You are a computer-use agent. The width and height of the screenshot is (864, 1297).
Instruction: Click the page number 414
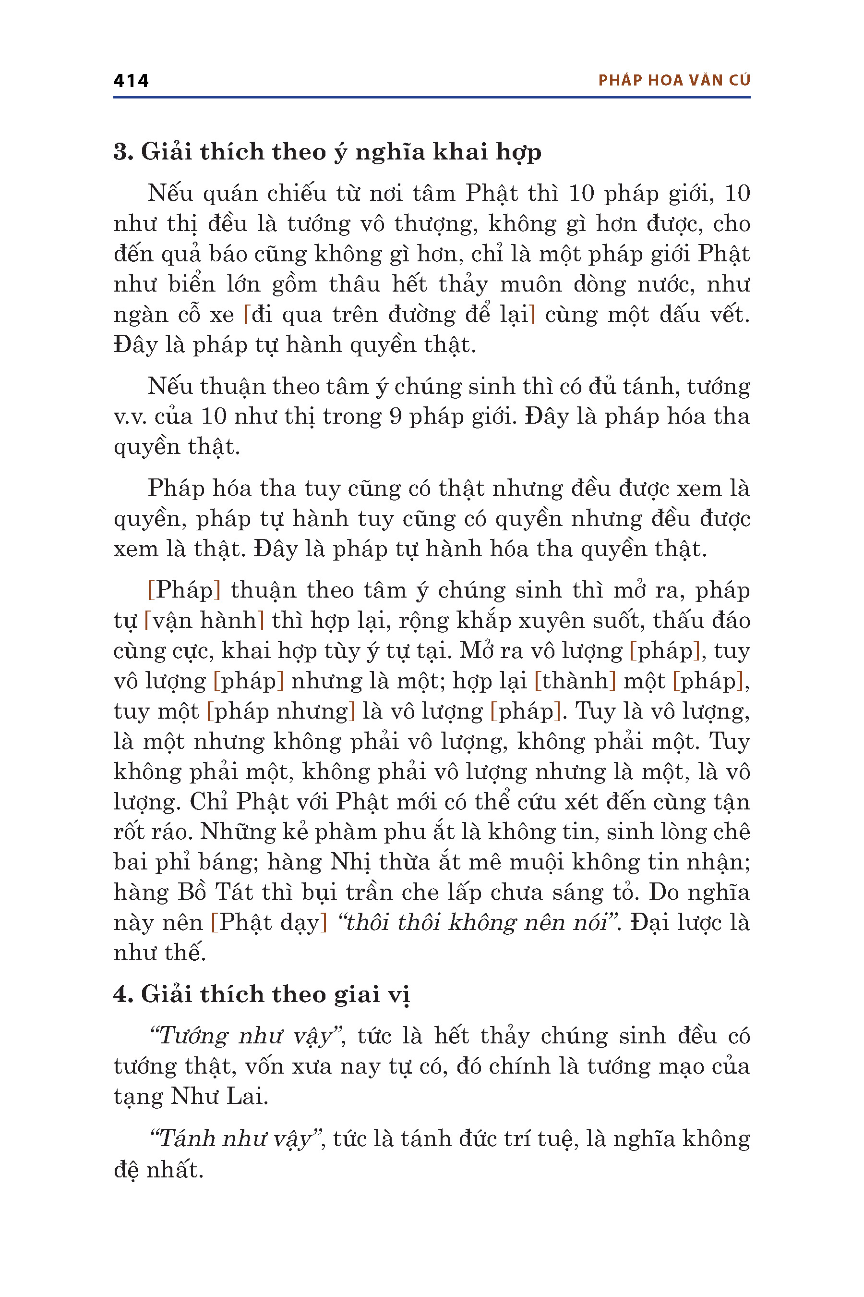coord(131,81)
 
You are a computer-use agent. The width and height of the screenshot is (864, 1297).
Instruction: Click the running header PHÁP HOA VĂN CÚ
coord(674,81)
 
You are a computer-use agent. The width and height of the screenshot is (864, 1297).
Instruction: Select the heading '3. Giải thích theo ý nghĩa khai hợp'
coord(327,152)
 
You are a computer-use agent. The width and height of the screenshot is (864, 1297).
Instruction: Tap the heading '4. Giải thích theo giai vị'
coord(262,994)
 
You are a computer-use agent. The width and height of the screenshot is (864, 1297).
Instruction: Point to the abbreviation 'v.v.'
coord(130,417)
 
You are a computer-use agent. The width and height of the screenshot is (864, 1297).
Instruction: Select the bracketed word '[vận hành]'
coord(204,621)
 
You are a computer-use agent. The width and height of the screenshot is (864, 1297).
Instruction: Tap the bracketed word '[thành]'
coord(575,682)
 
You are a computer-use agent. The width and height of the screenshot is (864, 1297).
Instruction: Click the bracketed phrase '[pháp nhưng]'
coord(280,711)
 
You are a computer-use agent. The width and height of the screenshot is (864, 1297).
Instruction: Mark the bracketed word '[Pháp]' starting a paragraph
coord(184,590)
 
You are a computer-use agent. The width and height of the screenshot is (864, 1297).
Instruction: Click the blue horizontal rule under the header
coord(432,98)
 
